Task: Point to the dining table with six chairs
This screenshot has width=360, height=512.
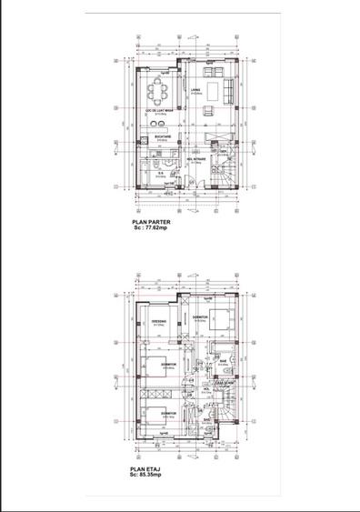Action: click(x=158, y=91)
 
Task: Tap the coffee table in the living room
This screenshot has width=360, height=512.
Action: click(x=208, y=91)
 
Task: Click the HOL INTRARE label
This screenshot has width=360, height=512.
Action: click(x=200, y=157)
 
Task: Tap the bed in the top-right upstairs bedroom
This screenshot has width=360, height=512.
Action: click(x=221, y=318)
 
